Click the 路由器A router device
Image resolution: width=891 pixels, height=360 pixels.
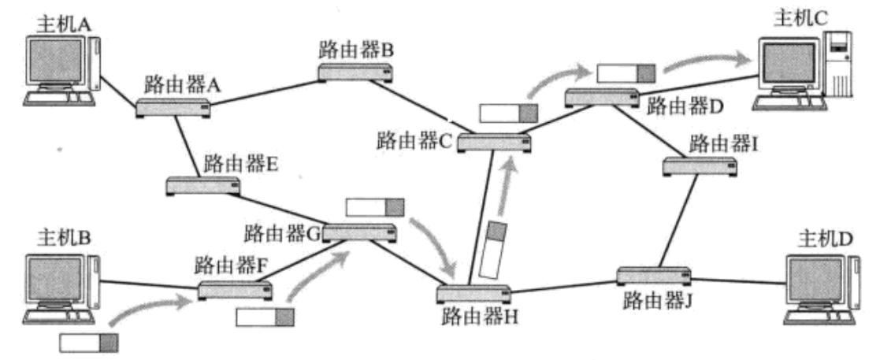[x=173, y=108]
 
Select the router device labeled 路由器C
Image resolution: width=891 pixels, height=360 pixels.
[x=494, y=142]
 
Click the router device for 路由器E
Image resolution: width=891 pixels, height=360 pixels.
[x=203, y=186]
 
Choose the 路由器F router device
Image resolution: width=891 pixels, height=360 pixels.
[x=234, y=289]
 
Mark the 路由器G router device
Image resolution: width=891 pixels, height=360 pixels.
[x=358, y=232]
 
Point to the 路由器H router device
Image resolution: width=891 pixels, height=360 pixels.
[x=472, y=294]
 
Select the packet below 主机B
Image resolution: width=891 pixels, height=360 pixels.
[x=89, y=343]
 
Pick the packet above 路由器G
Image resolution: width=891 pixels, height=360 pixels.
[x=375, y=208]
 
